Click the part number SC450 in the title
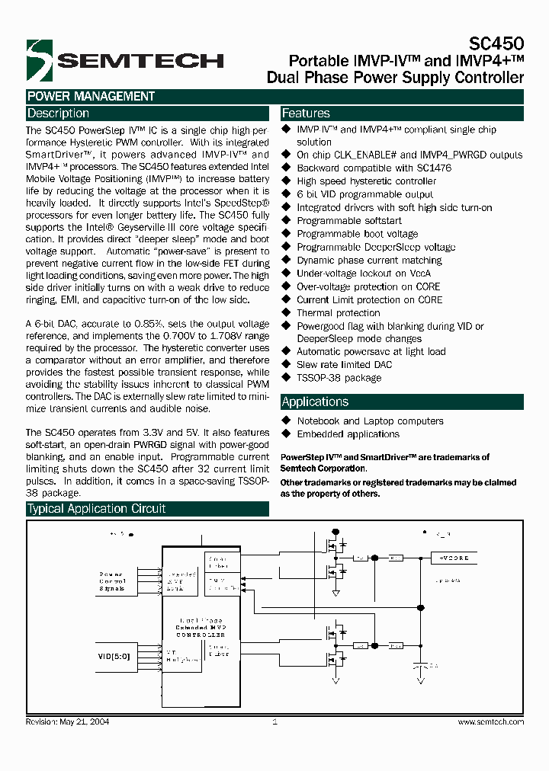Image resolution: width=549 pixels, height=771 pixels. (x=498, y=45)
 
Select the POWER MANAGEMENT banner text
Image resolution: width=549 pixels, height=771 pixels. (x=91, y=97)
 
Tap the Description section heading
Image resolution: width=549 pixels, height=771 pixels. (x=58, y=114)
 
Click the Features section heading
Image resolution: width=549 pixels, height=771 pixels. (x=306, y=114)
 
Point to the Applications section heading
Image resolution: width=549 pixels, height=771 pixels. (x=315, y=402)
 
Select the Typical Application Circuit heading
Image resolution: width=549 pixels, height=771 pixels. (x=96, y=509)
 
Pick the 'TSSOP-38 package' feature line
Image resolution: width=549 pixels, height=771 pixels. (x=339, y=378)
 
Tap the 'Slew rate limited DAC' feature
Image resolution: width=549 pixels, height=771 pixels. (x=344, y=365)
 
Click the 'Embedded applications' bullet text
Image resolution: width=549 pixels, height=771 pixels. (x=348, y=434)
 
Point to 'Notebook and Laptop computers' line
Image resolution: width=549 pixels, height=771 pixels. (x=370, y=421)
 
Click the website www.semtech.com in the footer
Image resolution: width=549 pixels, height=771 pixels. (x=490, y=721)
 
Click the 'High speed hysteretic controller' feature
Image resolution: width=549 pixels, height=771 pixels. (x=366, y=181)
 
